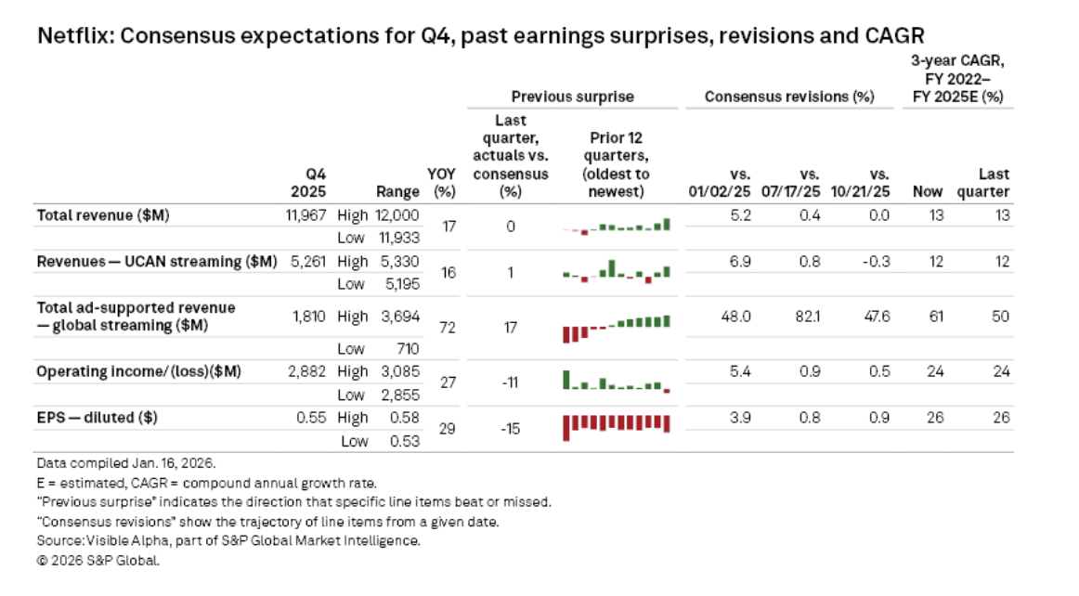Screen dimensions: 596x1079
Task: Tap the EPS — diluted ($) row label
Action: (97, 418)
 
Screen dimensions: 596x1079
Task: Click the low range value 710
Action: (407, 349)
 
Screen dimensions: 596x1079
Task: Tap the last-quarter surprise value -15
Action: (511, 429)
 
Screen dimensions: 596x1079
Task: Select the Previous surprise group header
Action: (572, 97)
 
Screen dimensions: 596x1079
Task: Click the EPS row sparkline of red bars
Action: (617, 425)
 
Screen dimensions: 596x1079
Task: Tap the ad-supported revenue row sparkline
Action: (617, 326)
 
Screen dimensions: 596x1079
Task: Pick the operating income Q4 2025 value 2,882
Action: (309, 371)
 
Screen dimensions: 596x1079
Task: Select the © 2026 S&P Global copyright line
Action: (99, 561)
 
